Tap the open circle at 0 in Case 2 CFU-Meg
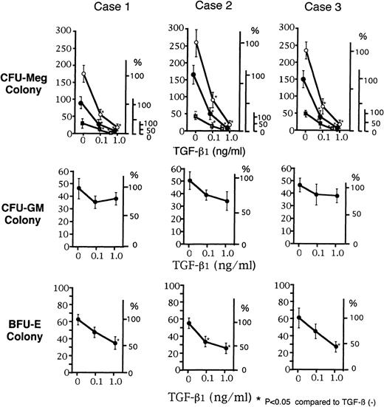coord(194,43)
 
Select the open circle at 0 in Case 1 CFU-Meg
coord(83,75)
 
